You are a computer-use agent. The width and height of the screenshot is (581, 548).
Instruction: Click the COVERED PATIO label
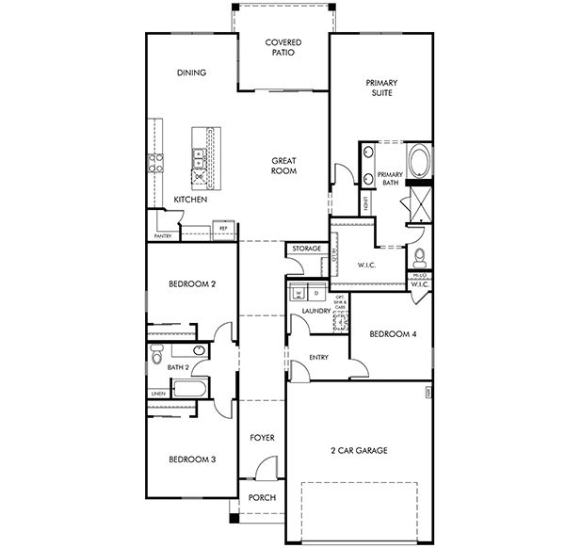tap(282, 48)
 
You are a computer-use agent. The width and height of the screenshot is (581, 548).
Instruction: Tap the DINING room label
tap(191, 73)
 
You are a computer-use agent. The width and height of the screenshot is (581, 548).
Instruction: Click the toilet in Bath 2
tap(156, 354)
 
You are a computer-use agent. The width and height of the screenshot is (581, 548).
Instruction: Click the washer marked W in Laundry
tap(299, 292)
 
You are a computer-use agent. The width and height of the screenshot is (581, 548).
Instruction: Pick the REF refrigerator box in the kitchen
tap(223, 228)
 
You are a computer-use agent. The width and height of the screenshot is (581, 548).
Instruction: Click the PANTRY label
tap(163, 236)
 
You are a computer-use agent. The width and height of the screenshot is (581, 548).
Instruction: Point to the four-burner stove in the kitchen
tap(200, 172)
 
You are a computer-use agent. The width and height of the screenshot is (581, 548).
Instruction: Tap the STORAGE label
tap(306, 249)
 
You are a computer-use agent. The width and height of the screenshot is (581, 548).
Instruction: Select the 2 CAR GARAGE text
tap(358, 450)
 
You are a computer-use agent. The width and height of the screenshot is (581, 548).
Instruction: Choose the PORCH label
tap(261, 496)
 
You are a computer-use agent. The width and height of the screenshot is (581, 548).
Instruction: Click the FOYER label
tap(261, 439)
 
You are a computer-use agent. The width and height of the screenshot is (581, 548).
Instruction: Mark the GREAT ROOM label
tap(284, 166)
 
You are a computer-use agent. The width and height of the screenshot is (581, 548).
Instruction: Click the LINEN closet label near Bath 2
tap(157, 394)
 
